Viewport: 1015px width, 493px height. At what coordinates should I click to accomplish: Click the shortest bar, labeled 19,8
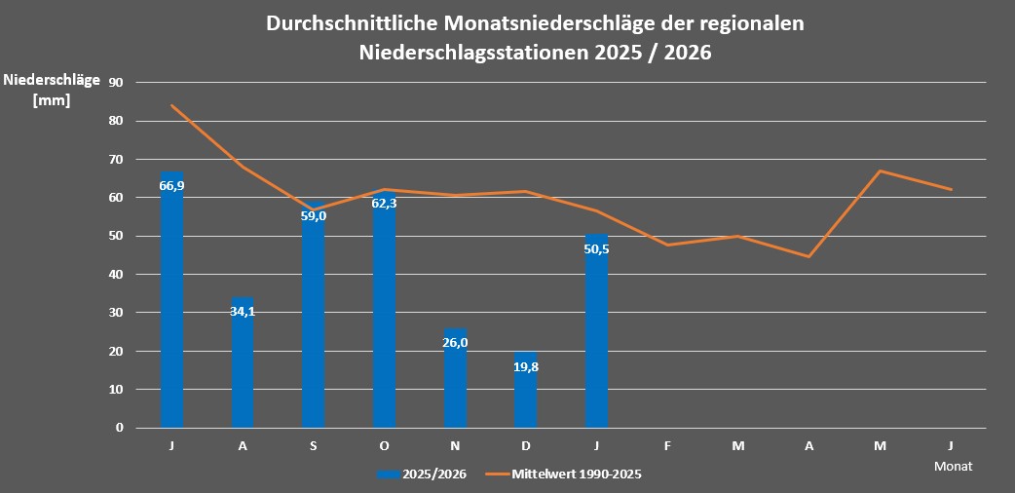[x=525, y=390]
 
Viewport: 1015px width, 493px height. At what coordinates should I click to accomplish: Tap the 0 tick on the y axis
[x=120, y=428]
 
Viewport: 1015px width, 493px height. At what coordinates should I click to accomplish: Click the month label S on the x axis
[x=314, y=446]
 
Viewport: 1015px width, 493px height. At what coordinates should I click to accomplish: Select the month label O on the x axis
[x=384, y=446]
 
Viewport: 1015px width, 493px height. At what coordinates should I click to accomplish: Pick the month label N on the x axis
[x=455, y=446]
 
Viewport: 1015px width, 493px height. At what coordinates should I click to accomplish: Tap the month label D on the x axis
[x=525, y=446]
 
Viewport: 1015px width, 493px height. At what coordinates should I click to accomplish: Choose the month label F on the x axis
[x=667, y=446]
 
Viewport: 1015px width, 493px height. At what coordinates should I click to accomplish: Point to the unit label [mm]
[x=52, y=99]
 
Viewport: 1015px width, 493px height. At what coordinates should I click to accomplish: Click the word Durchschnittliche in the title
[x=349, y=24]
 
